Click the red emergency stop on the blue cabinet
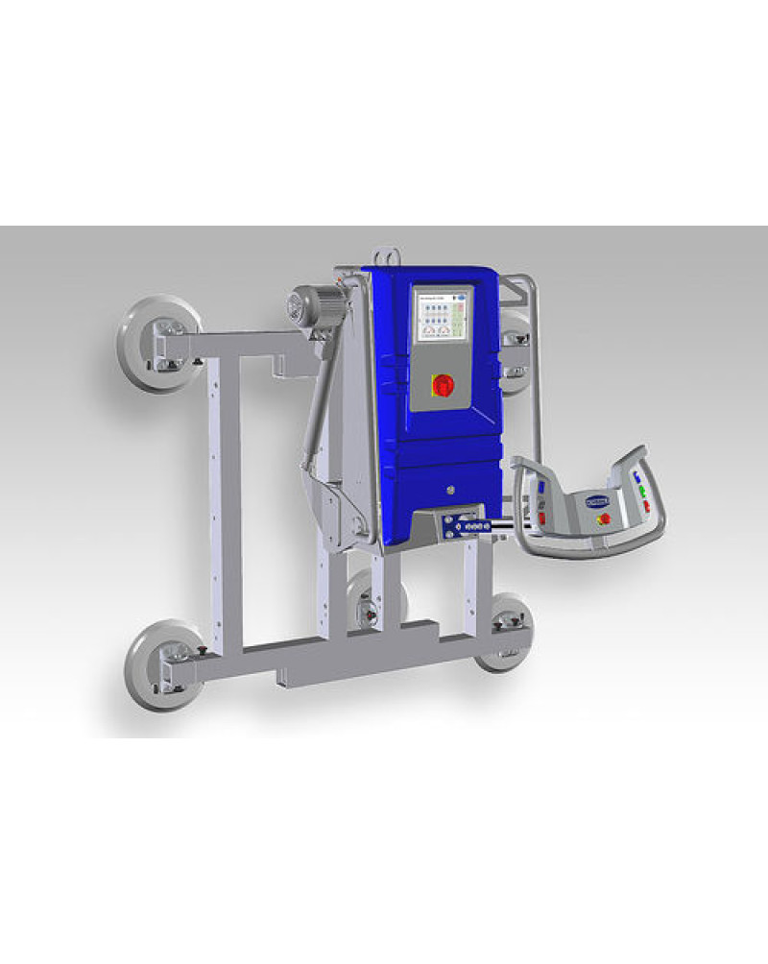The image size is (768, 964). [444, 384]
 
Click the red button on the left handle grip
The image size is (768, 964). [542, 518]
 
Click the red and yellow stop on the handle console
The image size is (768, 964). [605, 518]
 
